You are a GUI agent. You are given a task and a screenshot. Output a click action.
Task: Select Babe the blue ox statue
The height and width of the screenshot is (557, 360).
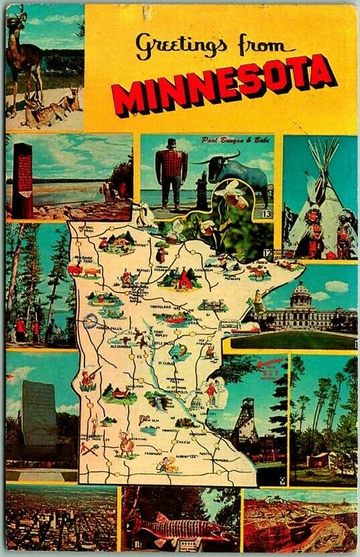[x=238, y=174]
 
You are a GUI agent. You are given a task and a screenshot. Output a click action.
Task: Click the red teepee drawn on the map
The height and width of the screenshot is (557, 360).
[x=184, y=281]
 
